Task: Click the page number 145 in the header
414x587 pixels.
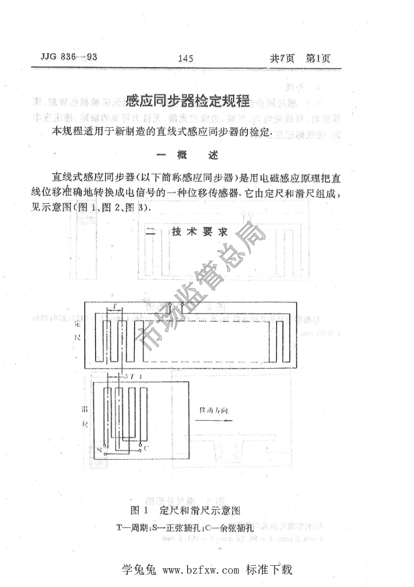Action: coord(187,58)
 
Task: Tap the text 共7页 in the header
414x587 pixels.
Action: coord(282,58)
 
